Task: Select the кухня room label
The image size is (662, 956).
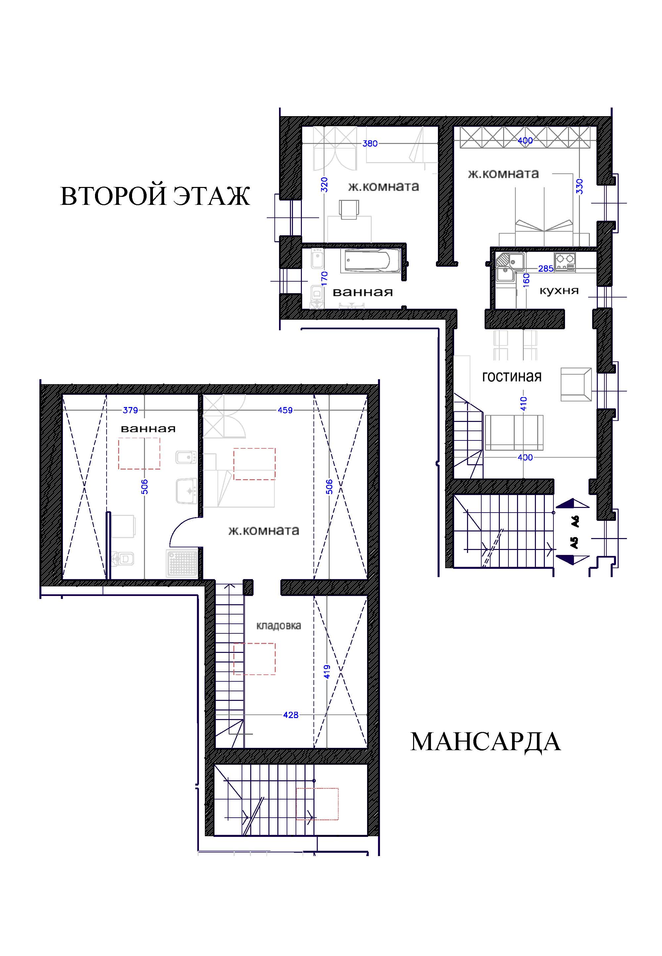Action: [x=559, y=291]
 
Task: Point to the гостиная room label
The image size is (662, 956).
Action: [x=512, y=377]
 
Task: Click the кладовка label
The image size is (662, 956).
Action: [x=278, y=626]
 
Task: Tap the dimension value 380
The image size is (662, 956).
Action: [x=370, y=143]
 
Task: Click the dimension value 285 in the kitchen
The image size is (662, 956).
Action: [x=545, y=269]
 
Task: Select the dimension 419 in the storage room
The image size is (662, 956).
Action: [x=327, y=672]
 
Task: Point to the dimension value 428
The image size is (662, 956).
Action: [x=290, y=715]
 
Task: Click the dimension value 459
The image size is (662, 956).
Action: [x=285, y=410]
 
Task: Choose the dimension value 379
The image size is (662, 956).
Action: [x=130, y=410]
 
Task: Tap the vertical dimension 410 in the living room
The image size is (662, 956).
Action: [x=523, y=403]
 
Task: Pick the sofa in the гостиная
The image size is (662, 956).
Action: [x=514, y=432]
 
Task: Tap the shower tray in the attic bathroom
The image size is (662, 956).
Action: [x=182, y=564]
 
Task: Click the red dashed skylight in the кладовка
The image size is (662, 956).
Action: [x=254, y=659]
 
